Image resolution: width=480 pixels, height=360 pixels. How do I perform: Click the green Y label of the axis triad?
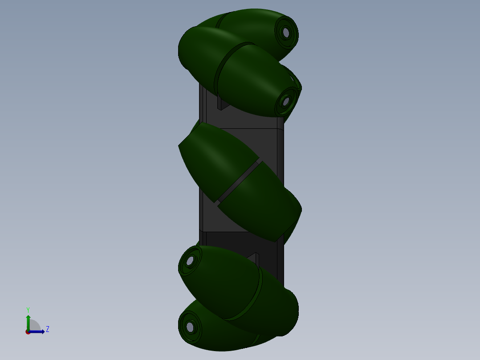pyautogui.click(x=28, y=309)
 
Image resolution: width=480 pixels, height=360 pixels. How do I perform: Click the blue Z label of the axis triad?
pyautogui.click(x=47, y=329)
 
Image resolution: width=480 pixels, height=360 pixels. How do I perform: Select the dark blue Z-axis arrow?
pyautogui.click(x=38, y=331)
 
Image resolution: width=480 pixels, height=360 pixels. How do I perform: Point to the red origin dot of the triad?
pyautogui.click(x=28, y=332)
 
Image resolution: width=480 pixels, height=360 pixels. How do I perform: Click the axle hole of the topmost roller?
pyautogui.click(x=285, y=32)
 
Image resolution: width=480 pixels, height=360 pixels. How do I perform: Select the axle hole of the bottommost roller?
pyautogui.click(x=190, y=327)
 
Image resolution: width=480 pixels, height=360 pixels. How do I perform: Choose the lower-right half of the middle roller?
pyautogui.click(x=263, y=205)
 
